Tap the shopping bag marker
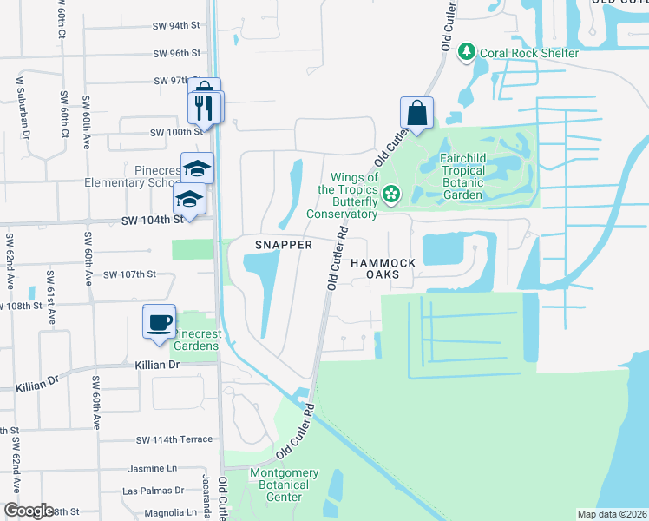416,113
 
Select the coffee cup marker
160,322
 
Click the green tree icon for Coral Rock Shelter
467,53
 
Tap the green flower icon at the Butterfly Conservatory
391,193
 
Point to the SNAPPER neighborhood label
283,245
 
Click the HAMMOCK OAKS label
383,267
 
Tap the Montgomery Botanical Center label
284,485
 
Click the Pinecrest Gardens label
197,340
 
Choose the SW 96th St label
177,54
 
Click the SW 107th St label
129,274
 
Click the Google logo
28,510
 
